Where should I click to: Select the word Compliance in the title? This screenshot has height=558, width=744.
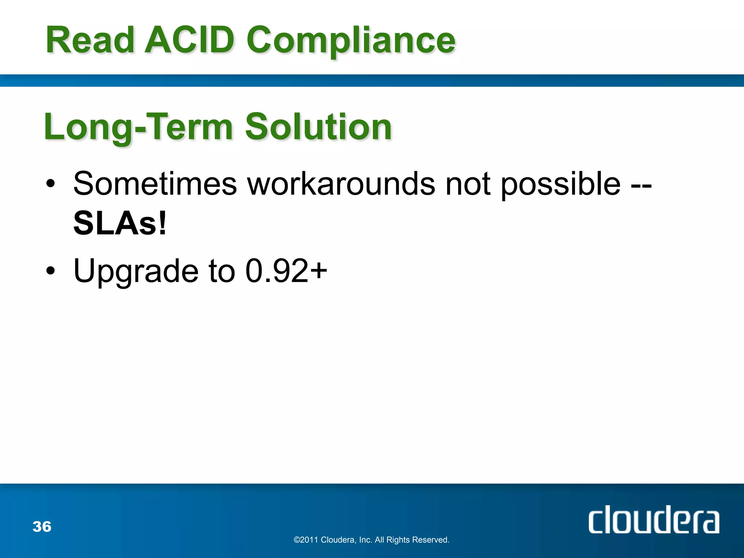pyautogui.click(x=351, y=41)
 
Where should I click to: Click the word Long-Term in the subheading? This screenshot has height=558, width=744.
pyautogui.click(x=138, y=127)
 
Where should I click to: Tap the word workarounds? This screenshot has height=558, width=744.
pyautogui.click(x=341, y=184)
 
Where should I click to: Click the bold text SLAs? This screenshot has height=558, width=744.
pyautogui.click(x=120, y=223)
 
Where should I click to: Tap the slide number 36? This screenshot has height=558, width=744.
pyautogui.click(x=42, y=527)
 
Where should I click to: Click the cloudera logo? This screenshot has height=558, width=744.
pyautogui.click(x=654, y=520)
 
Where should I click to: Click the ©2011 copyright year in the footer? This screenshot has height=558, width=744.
pyautogui.click(x=306, y=540)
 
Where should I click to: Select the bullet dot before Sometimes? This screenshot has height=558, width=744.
pyautogui.click(x=51, y=184)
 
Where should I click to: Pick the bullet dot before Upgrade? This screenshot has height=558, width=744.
pyautogui.click(x=51, y=271)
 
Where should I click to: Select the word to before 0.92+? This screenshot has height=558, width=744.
pyautogui.click(x=222, y=271)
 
